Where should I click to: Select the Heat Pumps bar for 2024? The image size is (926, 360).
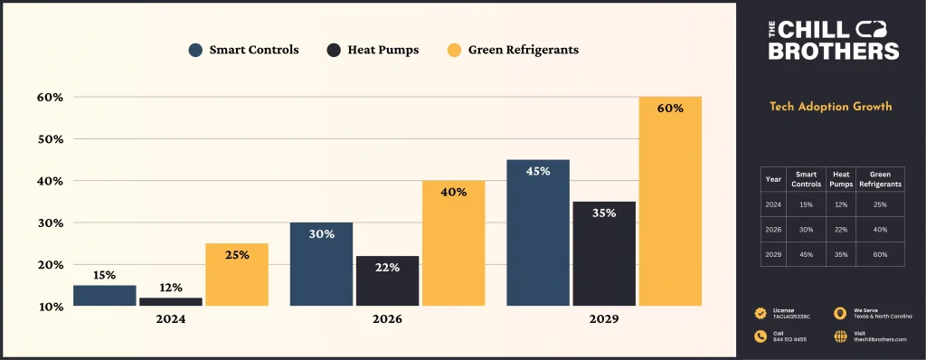pyautogui.click(x=170, y=301)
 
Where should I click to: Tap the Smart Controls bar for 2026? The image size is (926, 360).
pyautogui.click(x=321, y=264)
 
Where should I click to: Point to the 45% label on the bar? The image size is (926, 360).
pyautogui.click(x=537, y=171)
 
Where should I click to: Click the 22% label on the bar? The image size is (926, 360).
pyautogui.click(x=387, y=267)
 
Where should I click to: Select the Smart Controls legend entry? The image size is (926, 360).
pyautogui.click(x=244, y=50)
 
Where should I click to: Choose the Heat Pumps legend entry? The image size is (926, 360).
pyautogui.click(x=373, y=50)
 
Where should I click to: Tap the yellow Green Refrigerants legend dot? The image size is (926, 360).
pyautogui.click(x=455, y=50)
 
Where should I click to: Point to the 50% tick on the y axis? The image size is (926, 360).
pyautogui.click(x=50, y=139)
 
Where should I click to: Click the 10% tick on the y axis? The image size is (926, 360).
pyautogui.click(x=50, y=307)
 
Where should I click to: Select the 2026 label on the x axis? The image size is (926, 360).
pyautogui.click(x=386, y=320)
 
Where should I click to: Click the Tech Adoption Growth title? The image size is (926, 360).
pyautogui.click(x=830, y=107)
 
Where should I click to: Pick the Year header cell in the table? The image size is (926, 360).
pyautogui.click(x=773, y=179)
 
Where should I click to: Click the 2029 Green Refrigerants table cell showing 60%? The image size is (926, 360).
pyautogui.click(x=880, y=254)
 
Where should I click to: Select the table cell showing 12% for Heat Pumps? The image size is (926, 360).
pyautogui.click(x=841, y=204)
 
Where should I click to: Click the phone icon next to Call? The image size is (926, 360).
pyautogui.click(x=760, y=336)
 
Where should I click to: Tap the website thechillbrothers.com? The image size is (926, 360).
pyautogui.click(x=880, y=339)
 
